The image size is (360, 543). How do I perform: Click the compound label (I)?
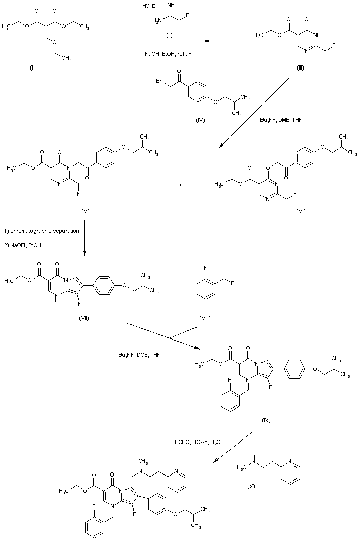click(x=34, y=68)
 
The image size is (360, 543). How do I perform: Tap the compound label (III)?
click(x=300, y=68)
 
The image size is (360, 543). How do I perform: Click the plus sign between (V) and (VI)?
click(x=180, y=185)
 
